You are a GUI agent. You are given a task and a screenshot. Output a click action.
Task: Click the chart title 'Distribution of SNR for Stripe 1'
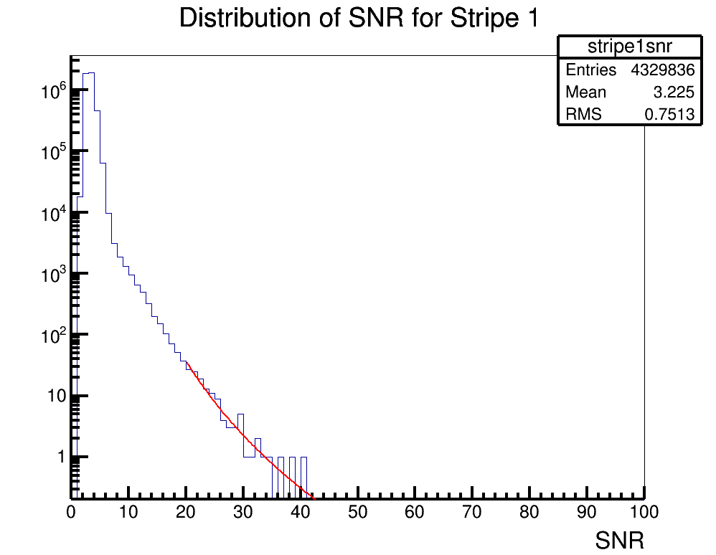358,19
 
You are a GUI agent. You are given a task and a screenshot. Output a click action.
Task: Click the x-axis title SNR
619,541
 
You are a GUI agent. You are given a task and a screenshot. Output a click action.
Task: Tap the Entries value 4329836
662,70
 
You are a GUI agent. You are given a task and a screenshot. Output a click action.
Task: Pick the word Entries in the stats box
590,70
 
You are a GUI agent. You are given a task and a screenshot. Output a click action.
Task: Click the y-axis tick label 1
61,457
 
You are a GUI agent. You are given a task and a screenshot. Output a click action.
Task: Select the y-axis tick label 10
56,396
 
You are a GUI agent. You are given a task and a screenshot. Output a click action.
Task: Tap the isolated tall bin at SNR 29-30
240,416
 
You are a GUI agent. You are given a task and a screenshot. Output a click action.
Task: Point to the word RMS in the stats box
583,115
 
